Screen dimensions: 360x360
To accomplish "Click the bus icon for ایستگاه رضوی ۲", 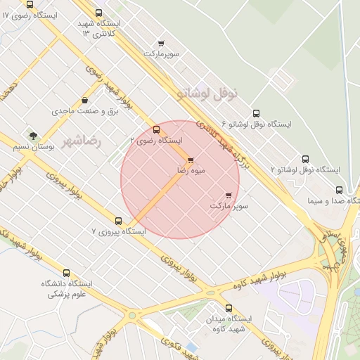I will click(156, 129).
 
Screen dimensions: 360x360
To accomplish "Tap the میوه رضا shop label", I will click(172, 171).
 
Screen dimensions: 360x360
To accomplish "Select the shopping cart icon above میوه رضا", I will click(190, 160).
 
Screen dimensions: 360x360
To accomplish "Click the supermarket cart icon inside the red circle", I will click(229, 195).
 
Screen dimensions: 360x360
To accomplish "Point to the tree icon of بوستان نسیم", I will click(32, 135).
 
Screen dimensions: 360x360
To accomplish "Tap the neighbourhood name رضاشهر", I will click(82, 141).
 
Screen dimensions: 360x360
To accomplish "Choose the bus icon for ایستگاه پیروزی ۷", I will click(118, 220).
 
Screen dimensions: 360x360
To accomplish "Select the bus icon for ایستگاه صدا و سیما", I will click(340, 190).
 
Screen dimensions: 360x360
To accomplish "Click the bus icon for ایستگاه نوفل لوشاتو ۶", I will click(255, 113).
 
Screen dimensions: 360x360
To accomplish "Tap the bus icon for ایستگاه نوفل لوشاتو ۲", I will click(305, 160).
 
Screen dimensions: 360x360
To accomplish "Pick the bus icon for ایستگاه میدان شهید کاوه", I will click(229, 308).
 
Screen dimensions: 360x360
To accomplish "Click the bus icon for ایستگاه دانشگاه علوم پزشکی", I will click(67, 273).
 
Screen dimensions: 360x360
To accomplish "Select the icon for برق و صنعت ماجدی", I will click(85, 101).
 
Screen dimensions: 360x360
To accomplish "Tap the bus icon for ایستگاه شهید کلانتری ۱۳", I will click(98, 13).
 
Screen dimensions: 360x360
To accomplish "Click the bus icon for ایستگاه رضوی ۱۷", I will click(29, 4).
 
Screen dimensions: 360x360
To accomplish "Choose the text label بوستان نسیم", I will click(35, 148).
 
